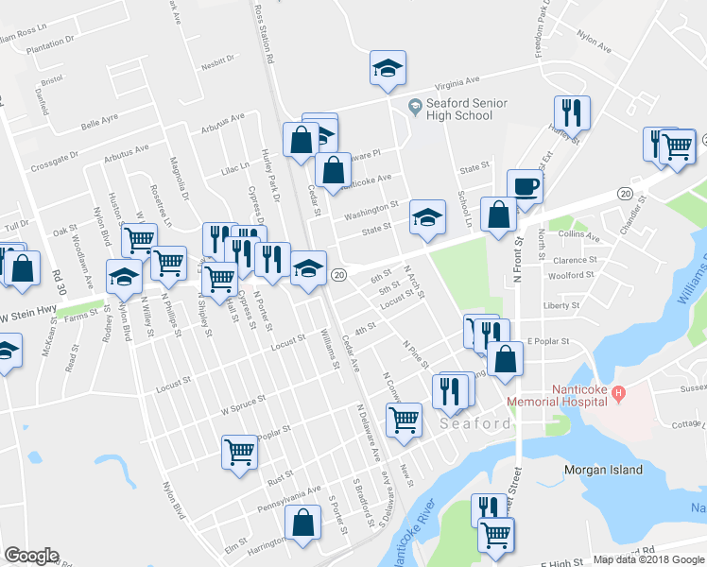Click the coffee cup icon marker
pyautogui.click(x=525, y=185)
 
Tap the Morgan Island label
pyautogui.click(x=603, y=470)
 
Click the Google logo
pyautogui.click(x=31, y=556)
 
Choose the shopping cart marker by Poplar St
pyautogui.click(x=239, y=451)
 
